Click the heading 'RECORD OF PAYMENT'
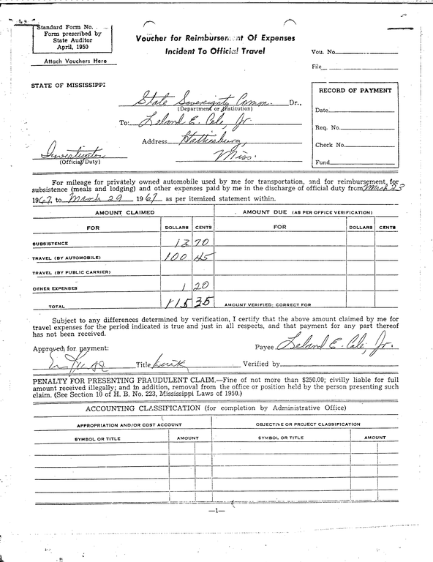tap(355, 90)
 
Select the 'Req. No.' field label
tap(327, 127)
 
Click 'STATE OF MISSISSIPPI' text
tap(68, 85)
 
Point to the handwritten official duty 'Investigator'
tap(67, 155)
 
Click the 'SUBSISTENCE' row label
tap(50, 243)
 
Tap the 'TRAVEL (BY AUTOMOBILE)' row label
tap(67, 258)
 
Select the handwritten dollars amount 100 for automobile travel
tap(173, 257)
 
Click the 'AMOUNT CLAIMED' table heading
tap(121, 212)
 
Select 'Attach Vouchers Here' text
tap(70, 61)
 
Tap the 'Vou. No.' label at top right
tap(323, 53)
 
